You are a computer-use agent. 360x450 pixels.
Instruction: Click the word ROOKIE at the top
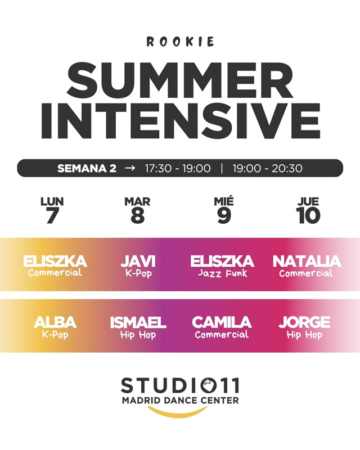(x=181, y=42)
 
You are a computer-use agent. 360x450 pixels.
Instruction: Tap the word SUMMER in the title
(x=181, y=81)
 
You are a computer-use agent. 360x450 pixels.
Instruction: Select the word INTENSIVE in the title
(x=181, y=120)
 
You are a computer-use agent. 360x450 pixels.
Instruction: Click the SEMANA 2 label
(x=87, y=168)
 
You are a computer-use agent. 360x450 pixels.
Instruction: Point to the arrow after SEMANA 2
(x=130, y=168)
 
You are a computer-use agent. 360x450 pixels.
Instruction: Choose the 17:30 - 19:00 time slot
(x=178, y=168)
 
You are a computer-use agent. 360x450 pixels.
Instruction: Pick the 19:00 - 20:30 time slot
(x=267, y=168)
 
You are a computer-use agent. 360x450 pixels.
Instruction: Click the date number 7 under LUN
(x=52, y=215)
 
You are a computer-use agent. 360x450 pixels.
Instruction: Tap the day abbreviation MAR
(x=137, y=201)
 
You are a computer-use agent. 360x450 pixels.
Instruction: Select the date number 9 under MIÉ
(x=224, y=215)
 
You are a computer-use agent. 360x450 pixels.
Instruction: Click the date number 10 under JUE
(x=308, y=215)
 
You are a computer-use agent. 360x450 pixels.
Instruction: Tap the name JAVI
(x=138, y=261)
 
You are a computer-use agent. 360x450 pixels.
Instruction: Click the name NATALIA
(x=307, y=261)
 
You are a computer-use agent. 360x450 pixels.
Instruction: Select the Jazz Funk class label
(x=223, y=273)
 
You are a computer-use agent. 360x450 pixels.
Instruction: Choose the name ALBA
(x=55, y=322)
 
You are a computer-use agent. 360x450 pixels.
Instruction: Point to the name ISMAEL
(x=138, y=322)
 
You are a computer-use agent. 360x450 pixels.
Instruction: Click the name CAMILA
(x=222, y=322)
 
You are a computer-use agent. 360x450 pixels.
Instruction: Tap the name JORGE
(x=304, y=322)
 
